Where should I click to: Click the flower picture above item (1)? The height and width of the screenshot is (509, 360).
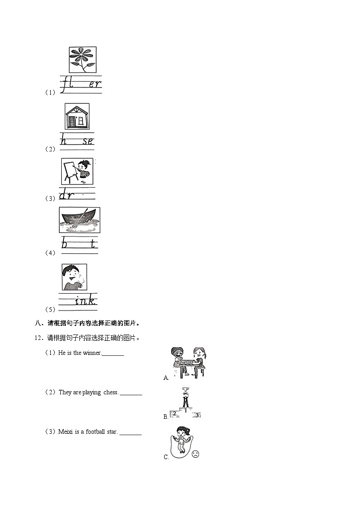[83, 60]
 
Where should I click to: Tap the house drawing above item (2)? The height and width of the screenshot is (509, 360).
[77, 116]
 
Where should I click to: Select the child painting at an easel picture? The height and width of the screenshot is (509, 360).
[76, 171]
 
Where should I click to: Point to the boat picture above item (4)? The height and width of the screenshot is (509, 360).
[79, 220]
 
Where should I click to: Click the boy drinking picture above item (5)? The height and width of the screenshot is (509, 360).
[74, 277]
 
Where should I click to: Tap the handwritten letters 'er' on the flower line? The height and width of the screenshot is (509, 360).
[95, 84]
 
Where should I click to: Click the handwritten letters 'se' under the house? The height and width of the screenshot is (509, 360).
[88, 141]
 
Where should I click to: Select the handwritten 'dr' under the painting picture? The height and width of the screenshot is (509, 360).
[67, 195]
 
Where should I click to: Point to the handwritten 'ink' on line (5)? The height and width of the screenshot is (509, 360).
[86, 300]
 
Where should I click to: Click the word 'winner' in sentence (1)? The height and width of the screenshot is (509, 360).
[92, 353]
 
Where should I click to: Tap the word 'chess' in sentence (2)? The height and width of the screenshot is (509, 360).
[111, 393]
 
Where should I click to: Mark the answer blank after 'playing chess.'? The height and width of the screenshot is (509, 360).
[131, 393]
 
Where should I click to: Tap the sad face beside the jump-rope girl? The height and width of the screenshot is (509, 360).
[195, 454]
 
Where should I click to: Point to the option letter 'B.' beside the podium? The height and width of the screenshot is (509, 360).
[165, 417]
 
